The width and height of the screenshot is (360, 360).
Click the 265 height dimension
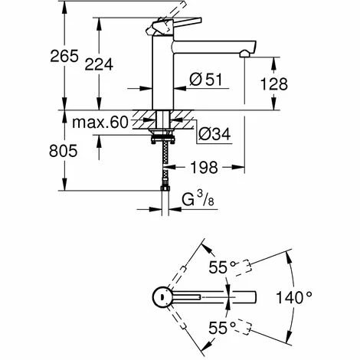coord(64,56)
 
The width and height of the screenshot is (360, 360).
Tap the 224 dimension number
coord(99,64)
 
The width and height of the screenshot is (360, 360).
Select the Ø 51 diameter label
coord(206,80)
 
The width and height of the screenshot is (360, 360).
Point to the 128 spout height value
coord(274,84)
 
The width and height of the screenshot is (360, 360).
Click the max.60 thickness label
coord(100,123)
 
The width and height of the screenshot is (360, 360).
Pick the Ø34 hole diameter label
coord(214,134)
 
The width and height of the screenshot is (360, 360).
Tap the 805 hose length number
coord(63,151)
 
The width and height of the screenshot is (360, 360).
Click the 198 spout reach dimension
coord(205,168)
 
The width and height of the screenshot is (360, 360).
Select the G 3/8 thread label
coord(198,199)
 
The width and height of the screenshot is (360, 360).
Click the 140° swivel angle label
coord(294,298)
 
